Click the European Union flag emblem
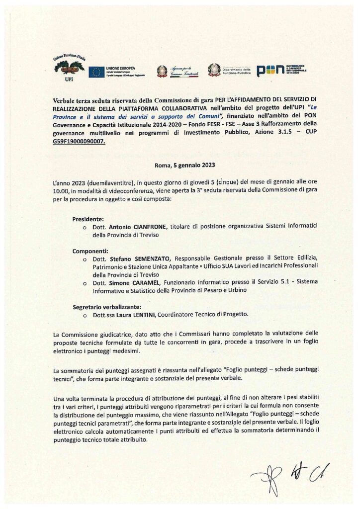point(96,72)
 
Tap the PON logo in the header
point(267,71)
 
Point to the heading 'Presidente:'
point(88,219)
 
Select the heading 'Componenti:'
point(90,251)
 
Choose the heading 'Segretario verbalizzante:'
point(104,307)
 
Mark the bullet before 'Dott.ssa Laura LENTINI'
point(85,315)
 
